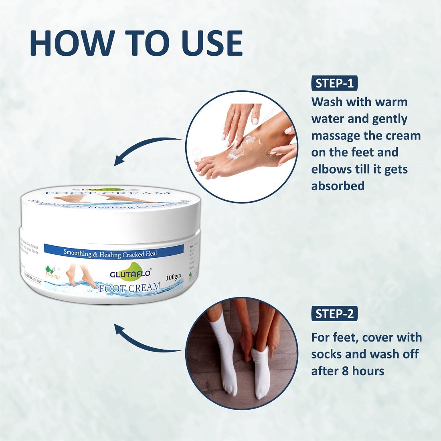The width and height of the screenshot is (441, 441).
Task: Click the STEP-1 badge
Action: [334, 83]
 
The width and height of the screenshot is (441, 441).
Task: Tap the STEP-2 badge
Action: [334, 314]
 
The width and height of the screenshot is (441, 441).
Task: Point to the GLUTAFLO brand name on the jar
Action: [130, 273]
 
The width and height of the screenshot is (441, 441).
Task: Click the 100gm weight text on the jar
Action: [173, 277]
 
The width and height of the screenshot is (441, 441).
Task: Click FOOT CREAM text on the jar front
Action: [129, 287]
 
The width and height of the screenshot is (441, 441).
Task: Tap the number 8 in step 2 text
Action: [345, 371]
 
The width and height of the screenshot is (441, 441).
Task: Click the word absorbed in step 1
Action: [338, 186]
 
